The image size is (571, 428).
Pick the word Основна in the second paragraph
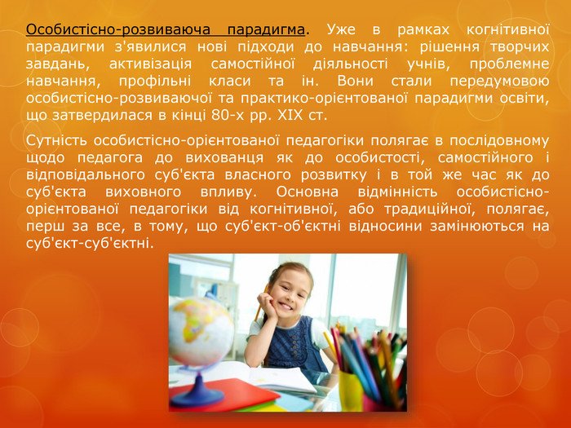[307, 192]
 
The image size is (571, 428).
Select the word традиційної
[432, 210]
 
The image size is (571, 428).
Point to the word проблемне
[509, 64]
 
